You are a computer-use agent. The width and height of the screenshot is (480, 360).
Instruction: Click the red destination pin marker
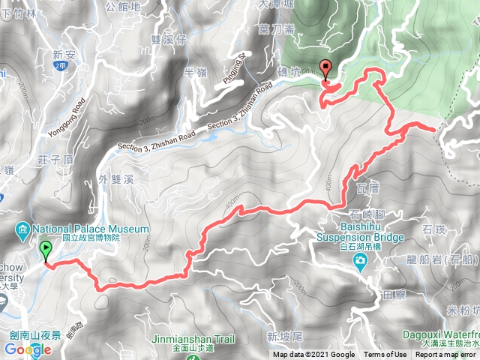click(325, 69)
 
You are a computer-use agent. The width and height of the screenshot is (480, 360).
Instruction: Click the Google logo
click(27, 349)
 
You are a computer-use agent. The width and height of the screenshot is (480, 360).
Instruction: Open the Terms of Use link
click(385, 355)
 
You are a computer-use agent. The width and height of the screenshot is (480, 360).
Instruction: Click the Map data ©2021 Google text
click(313, 355)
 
